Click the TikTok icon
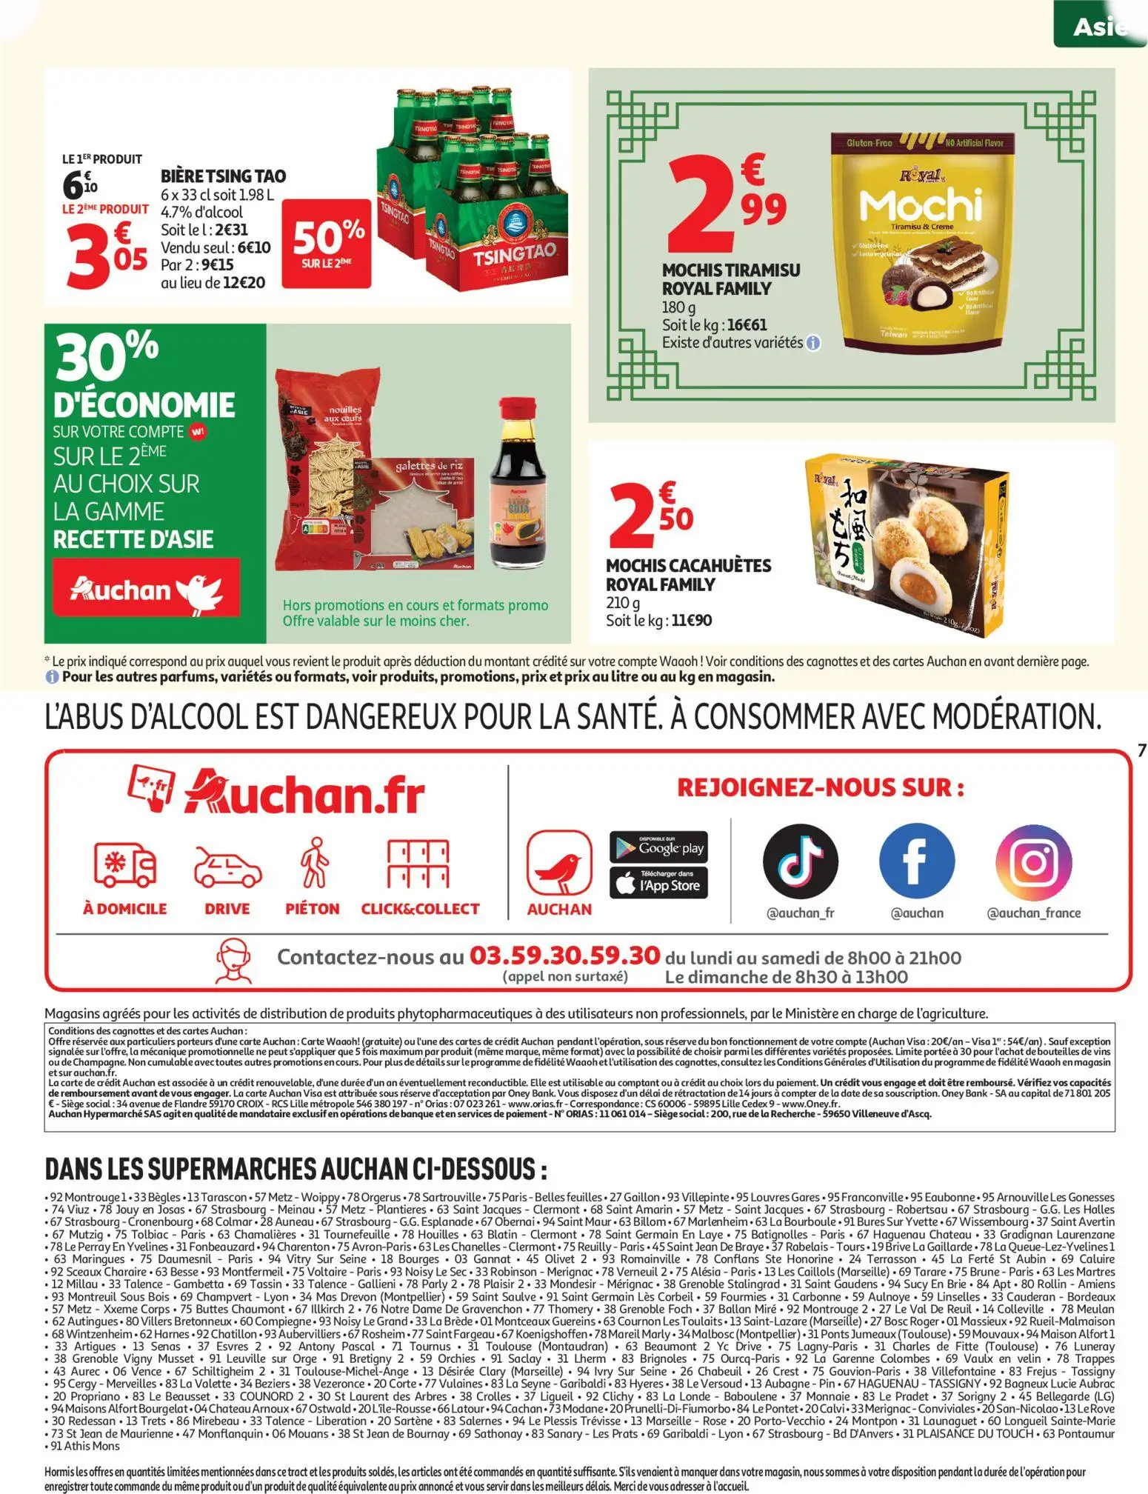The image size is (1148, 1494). point(801,861)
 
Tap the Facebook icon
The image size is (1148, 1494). point(916,861)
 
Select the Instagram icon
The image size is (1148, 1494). point(1033,861)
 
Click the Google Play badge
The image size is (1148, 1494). point(658,847)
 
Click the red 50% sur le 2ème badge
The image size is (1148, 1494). point(326,241)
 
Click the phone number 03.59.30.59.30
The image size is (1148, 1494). point(565,956)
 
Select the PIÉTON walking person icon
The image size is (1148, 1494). point(313,863)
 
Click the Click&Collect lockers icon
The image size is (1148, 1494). point(419,864)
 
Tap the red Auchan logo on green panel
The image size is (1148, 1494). point(146,589)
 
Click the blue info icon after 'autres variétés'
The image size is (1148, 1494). point(813,344)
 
